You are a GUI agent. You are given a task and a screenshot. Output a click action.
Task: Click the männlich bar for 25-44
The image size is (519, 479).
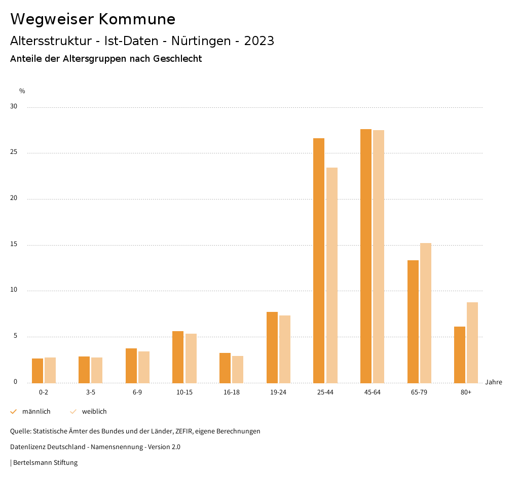click(319, 260)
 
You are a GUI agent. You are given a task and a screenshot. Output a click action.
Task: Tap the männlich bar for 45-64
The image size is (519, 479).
click(366, 256)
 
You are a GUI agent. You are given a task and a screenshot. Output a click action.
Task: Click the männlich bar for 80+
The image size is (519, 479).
click(460, 354)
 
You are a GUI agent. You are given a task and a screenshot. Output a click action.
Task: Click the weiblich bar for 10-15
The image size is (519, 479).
click(191, 358)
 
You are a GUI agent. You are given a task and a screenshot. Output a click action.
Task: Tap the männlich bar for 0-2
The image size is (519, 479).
click(38, 371)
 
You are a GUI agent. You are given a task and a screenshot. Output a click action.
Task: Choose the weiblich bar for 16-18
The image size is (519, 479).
click(238, 369)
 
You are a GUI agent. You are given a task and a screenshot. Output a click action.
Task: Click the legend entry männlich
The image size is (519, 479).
click(36, 412)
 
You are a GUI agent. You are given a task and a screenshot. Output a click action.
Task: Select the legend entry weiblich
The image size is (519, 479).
click(94, 412)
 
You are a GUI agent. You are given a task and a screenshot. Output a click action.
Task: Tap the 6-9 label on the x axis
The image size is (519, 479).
click(137, 392)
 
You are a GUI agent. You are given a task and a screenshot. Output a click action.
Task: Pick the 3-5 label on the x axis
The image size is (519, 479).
click(90, 392)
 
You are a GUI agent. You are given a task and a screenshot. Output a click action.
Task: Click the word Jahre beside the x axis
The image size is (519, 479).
click(493, 382)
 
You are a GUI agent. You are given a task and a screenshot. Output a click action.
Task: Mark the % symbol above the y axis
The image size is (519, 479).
click(22, 91)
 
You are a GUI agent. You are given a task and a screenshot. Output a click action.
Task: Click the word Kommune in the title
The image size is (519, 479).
click(137, 19)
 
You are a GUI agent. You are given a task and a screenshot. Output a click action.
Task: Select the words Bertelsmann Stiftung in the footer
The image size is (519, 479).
click(45, 463)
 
